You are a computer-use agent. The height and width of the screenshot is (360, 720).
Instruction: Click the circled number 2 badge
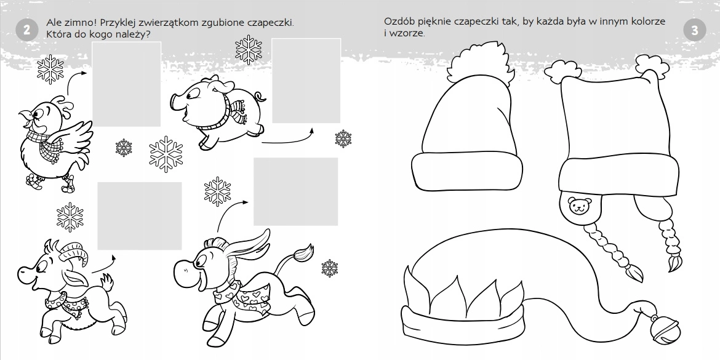tap(26, 30)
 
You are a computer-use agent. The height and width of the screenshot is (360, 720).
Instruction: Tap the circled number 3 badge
tap(694, 30)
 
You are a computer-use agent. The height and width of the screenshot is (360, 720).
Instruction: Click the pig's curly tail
tap(259, 97)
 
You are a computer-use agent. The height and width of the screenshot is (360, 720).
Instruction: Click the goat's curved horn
tap(74, 254)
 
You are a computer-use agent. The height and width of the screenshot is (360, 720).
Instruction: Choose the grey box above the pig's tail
tap(306, 81)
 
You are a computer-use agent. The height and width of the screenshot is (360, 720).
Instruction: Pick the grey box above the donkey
tap(296, 191)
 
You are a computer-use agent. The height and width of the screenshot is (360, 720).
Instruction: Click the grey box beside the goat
tap(140, 216)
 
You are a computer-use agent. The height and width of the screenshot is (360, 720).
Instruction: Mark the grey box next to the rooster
tap(127, 84)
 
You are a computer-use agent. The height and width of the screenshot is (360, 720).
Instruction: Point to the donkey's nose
tap(183, 268)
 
